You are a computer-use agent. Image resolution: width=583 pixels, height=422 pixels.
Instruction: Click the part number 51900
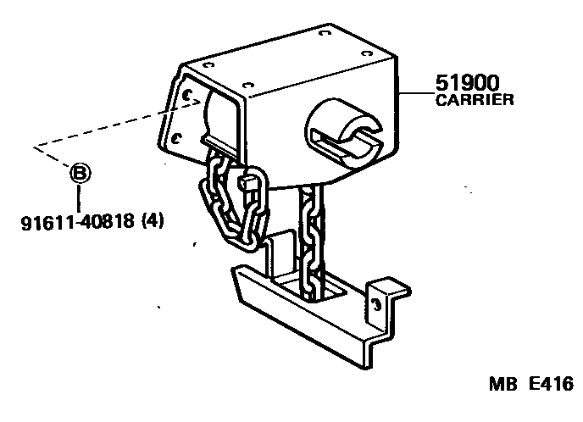(467, 85)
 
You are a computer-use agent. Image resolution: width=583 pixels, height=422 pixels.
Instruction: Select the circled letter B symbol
(80, 175)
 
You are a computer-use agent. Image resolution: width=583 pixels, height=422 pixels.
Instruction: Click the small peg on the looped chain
(248, 180)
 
